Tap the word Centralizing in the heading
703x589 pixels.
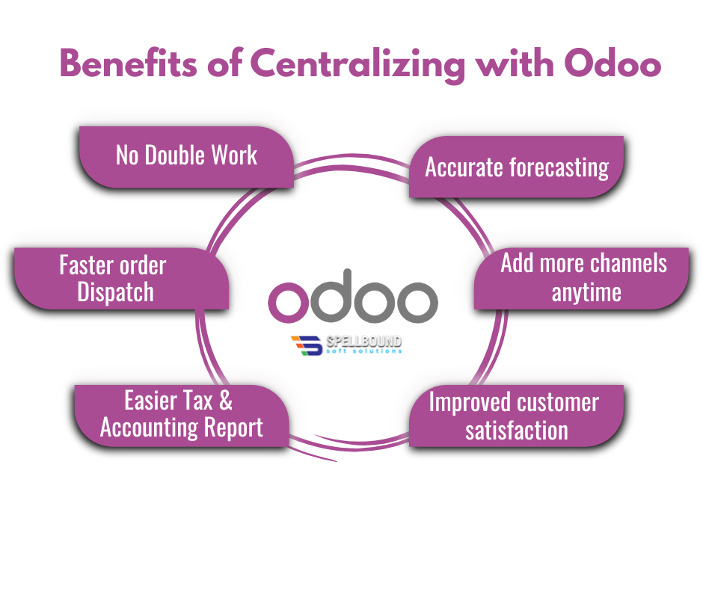[355, 66]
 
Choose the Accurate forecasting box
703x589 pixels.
[517, 167]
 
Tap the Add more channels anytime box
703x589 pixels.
[583, 277]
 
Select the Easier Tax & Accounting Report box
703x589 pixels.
[181, 415]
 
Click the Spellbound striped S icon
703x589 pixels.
[304, 345]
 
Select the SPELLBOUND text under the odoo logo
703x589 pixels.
[364, 341]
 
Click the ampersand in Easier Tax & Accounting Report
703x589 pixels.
[225, 401]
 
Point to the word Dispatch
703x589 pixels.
[115, 292]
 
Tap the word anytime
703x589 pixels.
[586, 292]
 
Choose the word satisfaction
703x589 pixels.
[516, 430]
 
